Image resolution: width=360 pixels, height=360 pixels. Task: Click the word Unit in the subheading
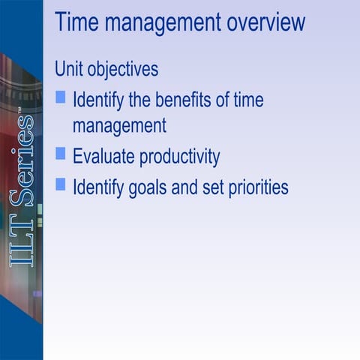[67, 69]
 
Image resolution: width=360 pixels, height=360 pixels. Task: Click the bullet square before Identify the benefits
[61, 97]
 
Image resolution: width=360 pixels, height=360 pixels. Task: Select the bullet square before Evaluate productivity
[61, 154]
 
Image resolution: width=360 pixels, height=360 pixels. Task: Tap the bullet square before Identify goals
[61, 183]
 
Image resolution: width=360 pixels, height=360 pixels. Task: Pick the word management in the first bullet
[119, 125]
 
